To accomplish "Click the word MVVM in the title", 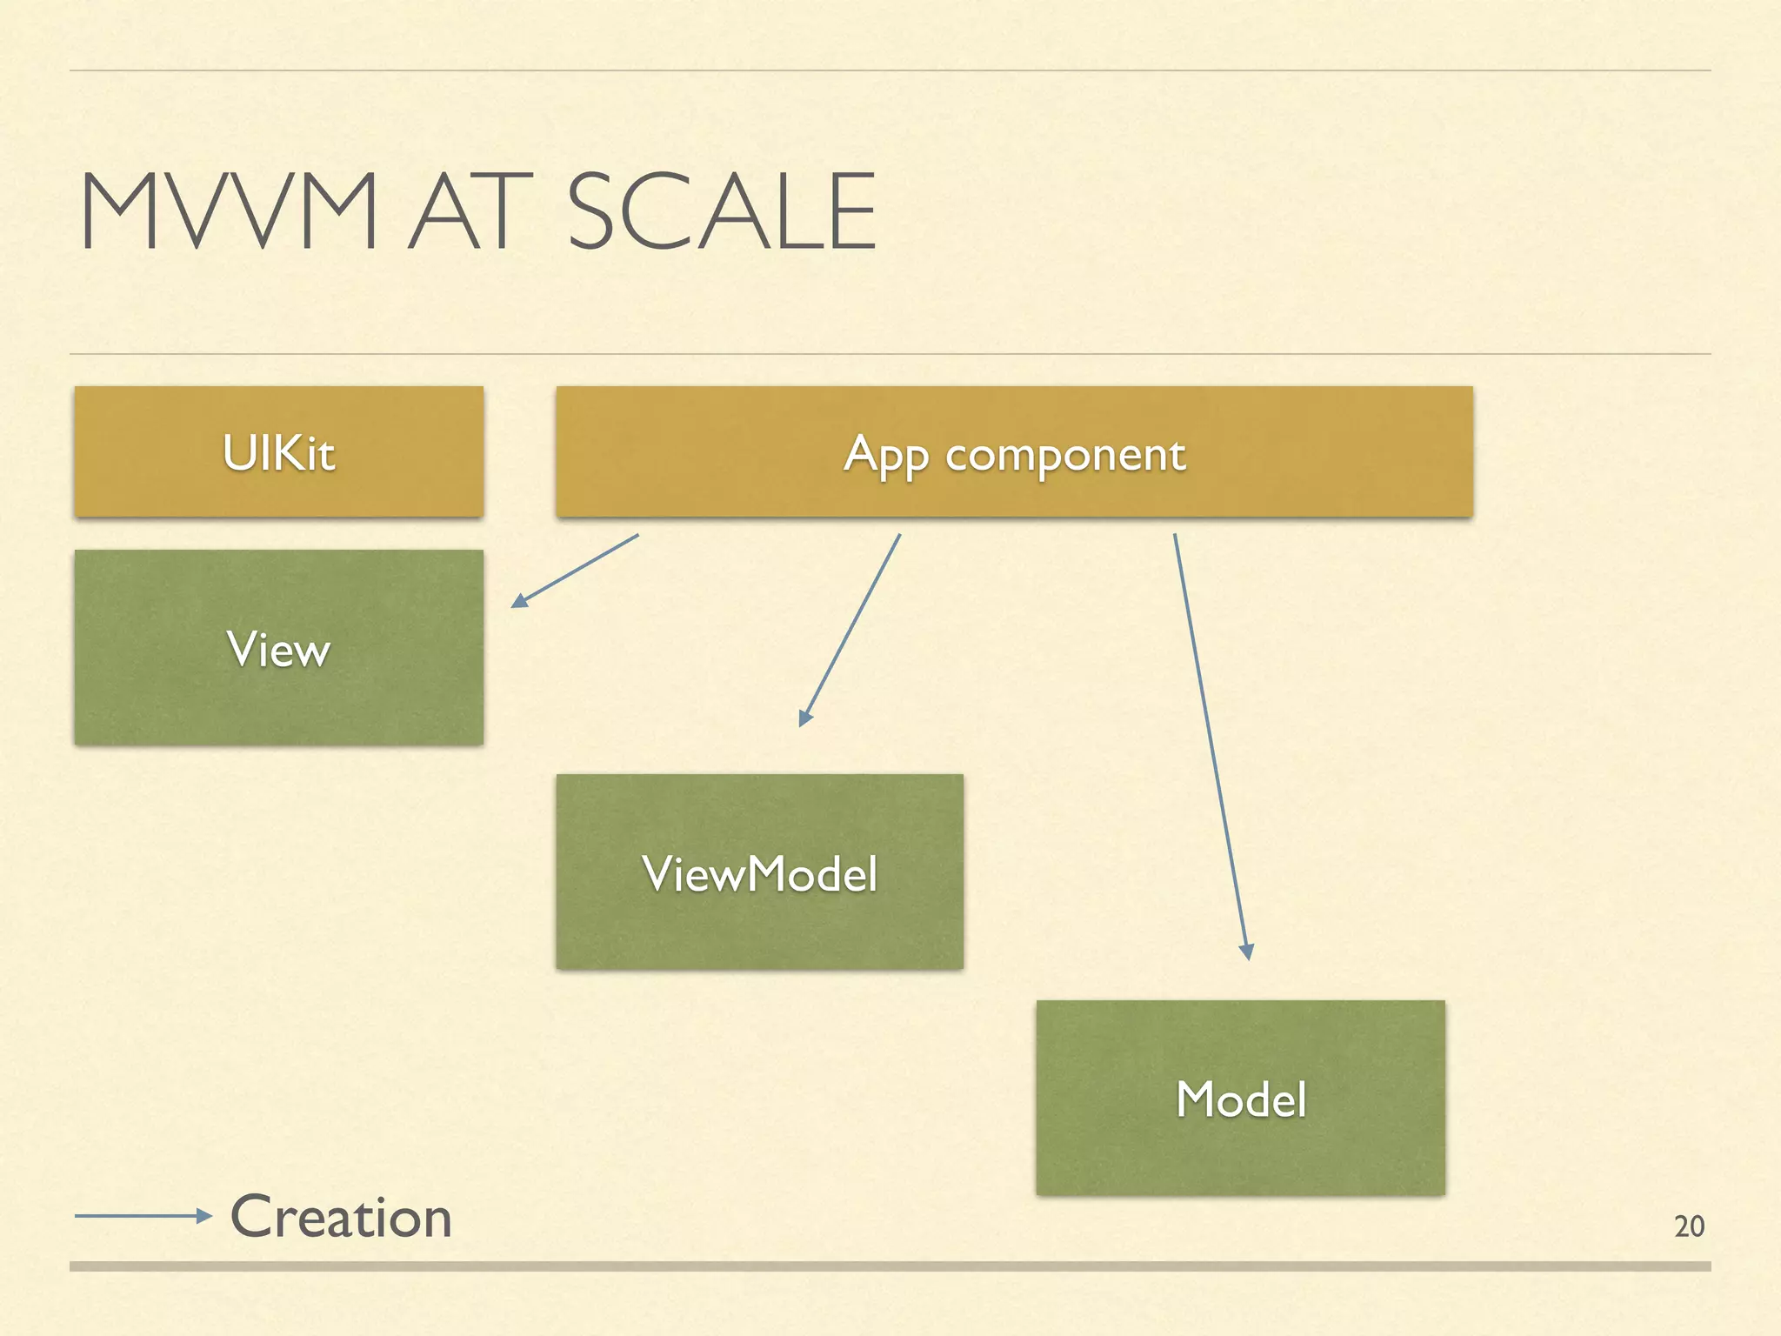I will (x=229, y=211).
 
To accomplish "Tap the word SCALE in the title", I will (x=721, y=211).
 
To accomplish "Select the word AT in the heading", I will (x=470, y=211).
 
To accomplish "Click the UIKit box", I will (x=278, y=452).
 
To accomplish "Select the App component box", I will (x=1014, y=452).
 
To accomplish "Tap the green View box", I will (x=278, y=648).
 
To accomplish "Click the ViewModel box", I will (x=759, y=872).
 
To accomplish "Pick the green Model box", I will (x=1240, y=1098).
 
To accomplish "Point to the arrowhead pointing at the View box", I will (x=518, y=601).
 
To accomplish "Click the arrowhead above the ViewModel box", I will (x=804, y=718).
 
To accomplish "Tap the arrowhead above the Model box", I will (x=1246, y=952).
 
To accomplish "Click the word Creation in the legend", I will (x=341, y=1217).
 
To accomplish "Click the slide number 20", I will (x=1689, y=1226).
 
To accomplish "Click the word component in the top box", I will (x=1065, y=454).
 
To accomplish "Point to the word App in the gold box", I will (x=886, y=454).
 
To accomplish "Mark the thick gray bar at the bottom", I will (x=890, y=1266).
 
